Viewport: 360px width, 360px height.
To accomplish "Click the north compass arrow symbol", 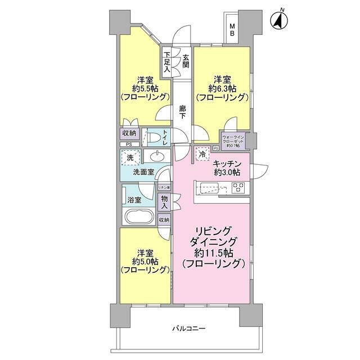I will [280, 20].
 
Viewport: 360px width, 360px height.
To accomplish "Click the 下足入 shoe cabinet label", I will [167, 60].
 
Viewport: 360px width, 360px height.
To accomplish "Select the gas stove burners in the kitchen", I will [238, 188].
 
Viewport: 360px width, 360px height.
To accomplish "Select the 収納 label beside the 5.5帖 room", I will [129, 133].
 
